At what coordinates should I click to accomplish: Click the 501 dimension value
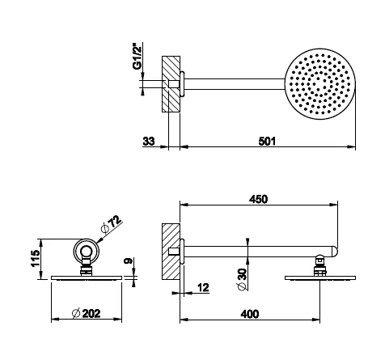coord(267,141)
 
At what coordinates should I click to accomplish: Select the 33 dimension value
coord(149,141)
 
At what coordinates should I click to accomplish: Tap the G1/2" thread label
coord(137,56)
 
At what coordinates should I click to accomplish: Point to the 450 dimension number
coord(258,199)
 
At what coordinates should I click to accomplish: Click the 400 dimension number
coord(250,314)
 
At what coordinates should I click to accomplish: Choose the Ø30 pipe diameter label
coord(242,279)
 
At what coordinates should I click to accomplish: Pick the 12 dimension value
coord(203,288)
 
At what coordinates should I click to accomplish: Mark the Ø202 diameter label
coord(87,313)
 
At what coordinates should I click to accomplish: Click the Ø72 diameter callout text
coord(112,223)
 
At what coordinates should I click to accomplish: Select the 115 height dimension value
coord(36,258)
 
